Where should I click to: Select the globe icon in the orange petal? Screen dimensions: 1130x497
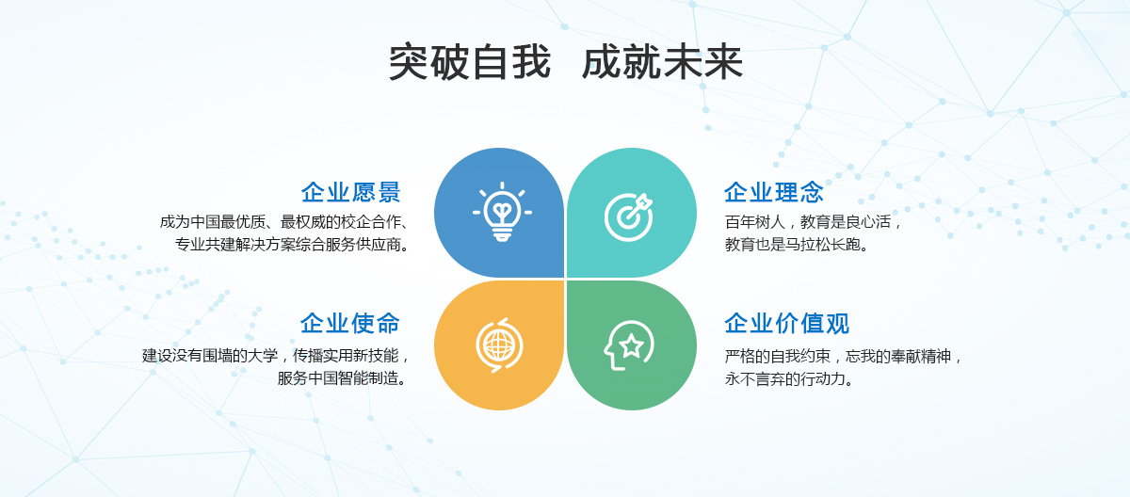tap(499, 345)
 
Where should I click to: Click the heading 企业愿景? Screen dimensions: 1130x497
tap(350, 192)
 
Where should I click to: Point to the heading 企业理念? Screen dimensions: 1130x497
tap(774, 192)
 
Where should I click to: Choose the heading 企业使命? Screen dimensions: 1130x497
tap(350, 323)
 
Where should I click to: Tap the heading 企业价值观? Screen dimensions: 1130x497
tap(787, 323)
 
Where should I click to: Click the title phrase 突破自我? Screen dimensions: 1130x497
tap(469, 62)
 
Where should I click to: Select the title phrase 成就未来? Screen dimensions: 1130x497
tap(662, 62)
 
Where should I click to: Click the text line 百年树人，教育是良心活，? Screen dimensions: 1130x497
tap(813, 222)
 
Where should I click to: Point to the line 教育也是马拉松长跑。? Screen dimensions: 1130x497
tap(797, 245)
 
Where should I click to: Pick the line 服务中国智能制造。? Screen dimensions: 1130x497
tap(343, 378)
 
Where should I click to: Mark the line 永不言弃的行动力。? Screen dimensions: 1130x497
tap(789, 378)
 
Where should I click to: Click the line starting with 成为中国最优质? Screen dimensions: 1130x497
tap(284, 222)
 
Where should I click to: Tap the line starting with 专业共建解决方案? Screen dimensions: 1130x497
tap(292, 245)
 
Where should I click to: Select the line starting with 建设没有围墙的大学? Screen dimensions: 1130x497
tap(275, 356)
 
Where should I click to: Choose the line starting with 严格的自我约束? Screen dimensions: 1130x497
tap(844, 357)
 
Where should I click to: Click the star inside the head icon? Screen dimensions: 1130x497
tap(631, 345)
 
